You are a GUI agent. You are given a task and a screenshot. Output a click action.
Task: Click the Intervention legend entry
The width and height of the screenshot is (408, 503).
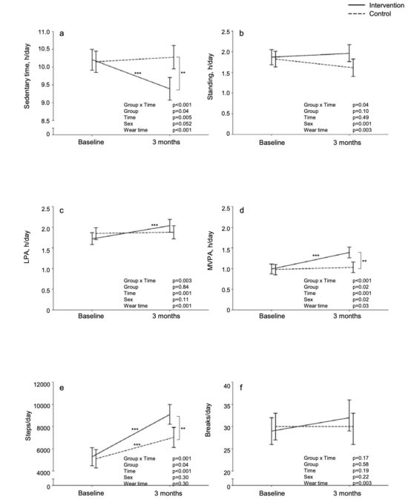tap(376, 5)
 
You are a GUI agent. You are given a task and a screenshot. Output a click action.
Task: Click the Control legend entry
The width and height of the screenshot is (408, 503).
tap(369, 14)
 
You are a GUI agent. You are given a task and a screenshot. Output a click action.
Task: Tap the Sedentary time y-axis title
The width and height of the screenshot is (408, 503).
tap(27, 77)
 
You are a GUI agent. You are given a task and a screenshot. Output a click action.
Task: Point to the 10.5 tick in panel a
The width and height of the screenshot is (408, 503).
tap(45, 49)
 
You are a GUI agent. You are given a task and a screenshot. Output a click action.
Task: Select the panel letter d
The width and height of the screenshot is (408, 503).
tap(242, 210)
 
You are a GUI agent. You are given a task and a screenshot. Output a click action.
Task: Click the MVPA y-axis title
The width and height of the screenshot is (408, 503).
tap(210, 251)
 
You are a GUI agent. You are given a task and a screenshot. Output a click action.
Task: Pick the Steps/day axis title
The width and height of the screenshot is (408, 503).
tap(28, 426)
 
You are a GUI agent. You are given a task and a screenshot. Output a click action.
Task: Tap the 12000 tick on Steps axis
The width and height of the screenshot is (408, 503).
tap(42, 384)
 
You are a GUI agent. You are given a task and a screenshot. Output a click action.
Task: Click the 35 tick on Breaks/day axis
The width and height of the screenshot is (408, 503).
tap(227, 406)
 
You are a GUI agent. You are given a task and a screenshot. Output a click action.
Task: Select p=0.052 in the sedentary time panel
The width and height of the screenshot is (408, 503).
tap(182, 123)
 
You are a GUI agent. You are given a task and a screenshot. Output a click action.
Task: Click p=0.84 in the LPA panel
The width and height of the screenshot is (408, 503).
tap(180, 287)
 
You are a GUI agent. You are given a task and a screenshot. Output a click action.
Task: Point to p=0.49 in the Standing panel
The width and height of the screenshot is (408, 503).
tap(361, 117)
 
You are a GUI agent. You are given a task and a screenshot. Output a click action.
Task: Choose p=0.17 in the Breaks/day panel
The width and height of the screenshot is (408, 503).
tap(361, 458)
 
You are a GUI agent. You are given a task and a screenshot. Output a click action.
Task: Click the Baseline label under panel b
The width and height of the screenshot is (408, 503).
tap(272, 143)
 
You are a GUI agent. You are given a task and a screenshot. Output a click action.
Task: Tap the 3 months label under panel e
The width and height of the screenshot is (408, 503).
tap(168, 493)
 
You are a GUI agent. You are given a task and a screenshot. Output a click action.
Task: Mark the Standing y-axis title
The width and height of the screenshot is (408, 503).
tap(210, 77)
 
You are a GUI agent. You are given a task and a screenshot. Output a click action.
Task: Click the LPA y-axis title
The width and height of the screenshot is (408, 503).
tap(27, 247)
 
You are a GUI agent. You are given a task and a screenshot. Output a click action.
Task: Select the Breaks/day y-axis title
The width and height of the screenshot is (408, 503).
tap(208, 420)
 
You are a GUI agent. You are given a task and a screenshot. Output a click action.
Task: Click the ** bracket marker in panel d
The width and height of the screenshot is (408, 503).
tap(364, 261)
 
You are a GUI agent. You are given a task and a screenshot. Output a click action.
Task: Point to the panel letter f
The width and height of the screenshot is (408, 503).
tap(241, 388)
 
